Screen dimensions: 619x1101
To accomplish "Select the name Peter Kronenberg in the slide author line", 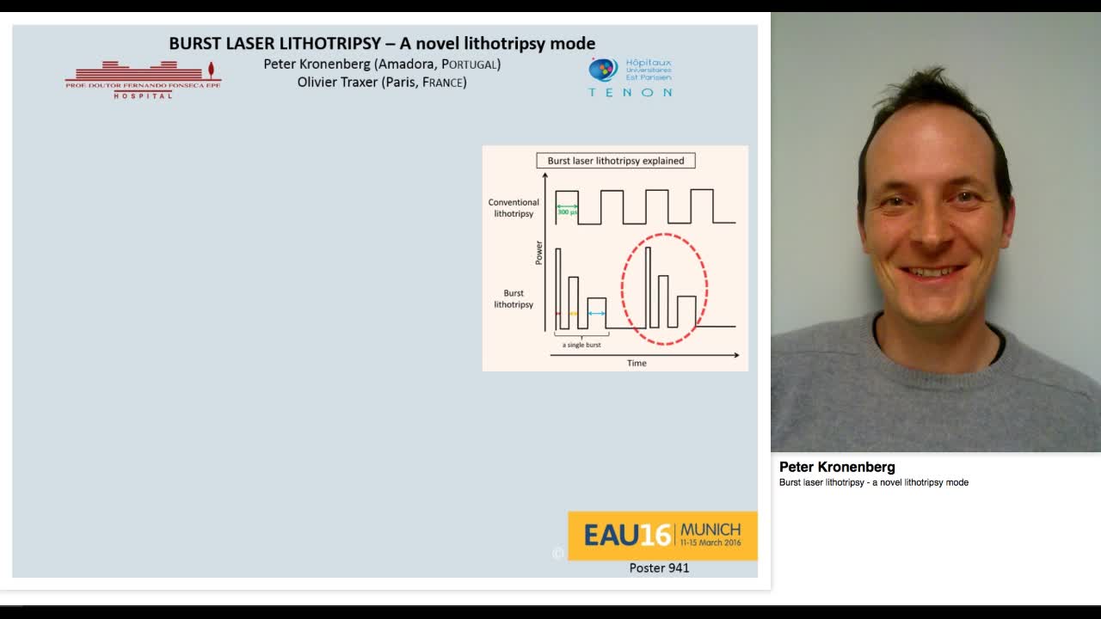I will point(317,64).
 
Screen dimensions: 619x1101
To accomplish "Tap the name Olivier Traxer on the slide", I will point(337,83).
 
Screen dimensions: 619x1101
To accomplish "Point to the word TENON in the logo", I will point(630,92).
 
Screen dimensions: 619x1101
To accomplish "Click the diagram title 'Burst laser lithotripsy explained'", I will point(616,161).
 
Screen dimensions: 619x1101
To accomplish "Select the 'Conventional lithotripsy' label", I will point(514,208).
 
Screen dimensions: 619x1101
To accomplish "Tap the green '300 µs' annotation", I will point(567,211).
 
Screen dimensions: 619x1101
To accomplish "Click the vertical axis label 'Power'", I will point(539,253).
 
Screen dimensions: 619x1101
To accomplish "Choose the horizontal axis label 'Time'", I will point(637,363).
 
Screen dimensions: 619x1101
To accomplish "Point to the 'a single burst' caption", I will point(581,345).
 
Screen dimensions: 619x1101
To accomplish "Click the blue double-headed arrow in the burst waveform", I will point(596,314).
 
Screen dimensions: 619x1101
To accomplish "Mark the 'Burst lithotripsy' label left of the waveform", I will point(514,298).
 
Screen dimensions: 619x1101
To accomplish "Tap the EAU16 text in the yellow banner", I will point(627,536).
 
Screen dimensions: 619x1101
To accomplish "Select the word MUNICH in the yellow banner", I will point(710,529).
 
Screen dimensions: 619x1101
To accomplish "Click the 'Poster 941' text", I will point(659,568).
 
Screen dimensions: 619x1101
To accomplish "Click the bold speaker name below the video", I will point(837,467).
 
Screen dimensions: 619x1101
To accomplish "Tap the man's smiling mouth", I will point(932,272).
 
